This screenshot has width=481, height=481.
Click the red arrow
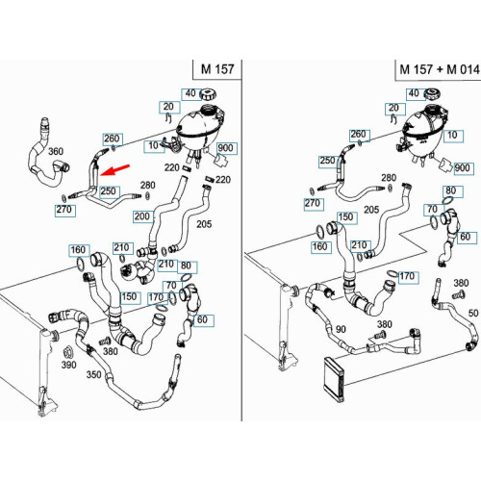coord(115,170)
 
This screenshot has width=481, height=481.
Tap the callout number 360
coord(56,151)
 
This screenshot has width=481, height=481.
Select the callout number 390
coord(68,365)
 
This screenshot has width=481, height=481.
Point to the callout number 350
coord(93,374)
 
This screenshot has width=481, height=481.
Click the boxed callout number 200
coord(142,216)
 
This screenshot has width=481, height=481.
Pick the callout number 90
coord(341,329)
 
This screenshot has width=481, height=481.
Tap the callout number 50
coord(473,313)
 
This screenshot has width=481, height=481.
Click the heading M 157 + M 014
coord(440,69)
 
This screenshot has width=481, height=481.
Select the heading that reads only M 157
coord(217,69)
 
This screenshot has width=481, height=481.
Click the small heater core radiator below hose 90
coord(334,378)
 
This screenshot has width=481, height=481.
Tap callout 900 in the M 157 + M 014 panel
coord(462,168)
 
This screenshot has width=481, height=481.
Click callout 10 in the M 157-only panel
coord(153,145)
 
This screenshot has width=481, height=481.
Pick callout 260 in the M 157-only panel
coord(112,139)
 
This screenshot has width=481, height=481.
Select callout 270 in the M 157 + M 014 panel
coord(312,203)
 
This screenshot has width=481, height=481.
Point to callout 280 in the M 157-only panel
coord(148,185)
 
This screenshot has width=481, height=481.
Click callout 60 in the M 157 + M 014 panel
coord(465,237)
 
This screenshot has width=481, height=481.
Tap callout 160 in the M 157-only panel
coord(78,250)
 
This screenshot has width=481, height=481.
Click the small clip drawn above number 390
coord(68,352)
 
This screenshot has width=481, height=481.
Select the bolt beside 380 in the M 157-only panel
coord(104,342)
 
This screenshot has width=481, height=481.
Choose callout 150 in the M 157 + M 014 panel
coord(345,217)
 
